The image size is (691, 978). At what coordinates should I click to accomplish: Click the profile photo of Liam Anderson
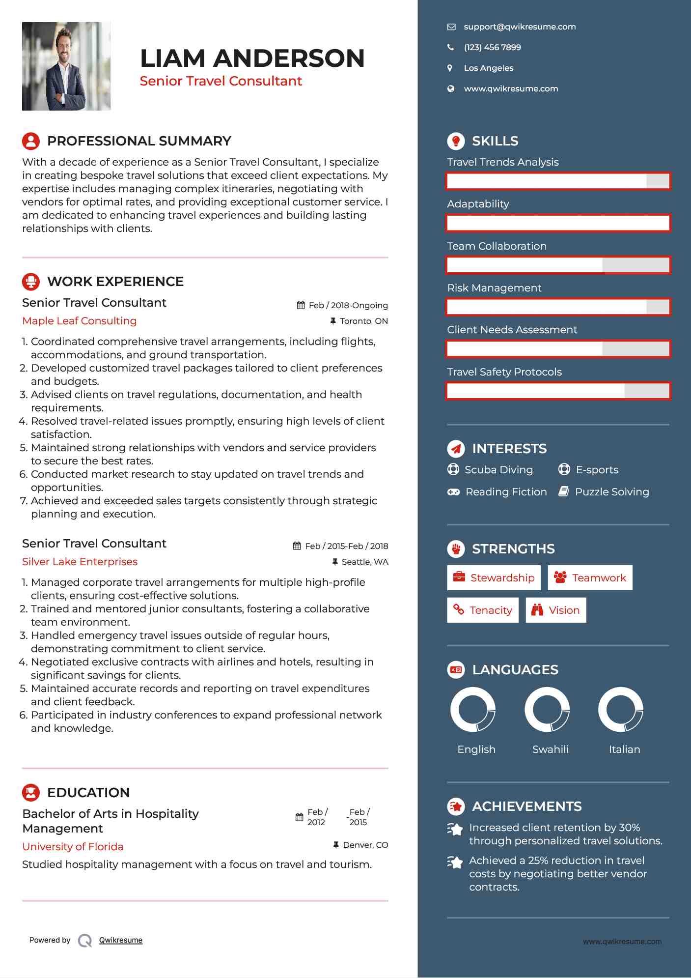point(66,66)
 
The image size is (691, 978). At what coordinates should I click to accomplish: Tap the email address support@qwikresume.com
point(520,27)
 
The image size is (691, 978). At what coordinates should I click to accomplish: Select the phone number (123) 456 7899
point(492,48)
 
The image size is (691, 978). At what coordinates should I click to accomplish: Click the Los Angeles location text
point(488,68)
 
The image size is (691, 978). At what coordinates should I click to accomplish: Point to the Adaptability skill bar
point(558,223)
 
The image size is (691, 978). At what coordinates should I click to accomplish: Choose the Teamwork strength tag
point(590,578)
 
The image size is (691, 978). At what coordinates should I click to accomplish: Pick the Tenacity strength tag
point(482,610)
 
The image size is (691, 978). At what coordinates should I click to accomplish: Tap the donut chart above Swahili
point(547,710)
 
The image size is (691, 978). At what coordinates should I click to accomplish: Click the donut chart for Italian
point(621,710)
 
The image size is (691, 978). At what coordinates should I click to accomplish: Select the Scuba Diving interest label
point(498,470)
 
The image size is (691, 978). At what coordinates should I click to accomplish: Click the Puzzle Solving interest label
point(611,492)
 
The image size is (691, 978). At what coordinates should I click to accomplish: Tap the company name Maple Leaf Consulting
point(80,321)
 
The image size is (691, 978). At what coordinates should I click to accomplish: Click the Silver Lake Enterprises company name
point(80,562)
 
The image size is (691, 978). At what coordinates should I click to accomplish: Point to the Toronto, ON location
point(363,321)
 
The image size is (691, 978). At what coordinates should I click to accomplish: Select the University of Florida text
point(73,847)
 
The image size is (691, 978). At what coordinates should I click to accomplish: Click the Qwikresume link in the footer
point(121,940)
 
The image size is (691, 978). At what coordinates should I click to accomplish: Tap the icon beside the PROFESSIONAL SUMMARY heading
point(31,141)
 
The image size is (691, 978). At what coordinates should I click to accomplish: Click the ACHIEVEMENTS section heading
point(526,806)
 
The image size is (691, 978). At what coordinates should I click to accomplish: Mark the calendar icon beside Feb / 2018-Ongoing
point(301,305)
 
